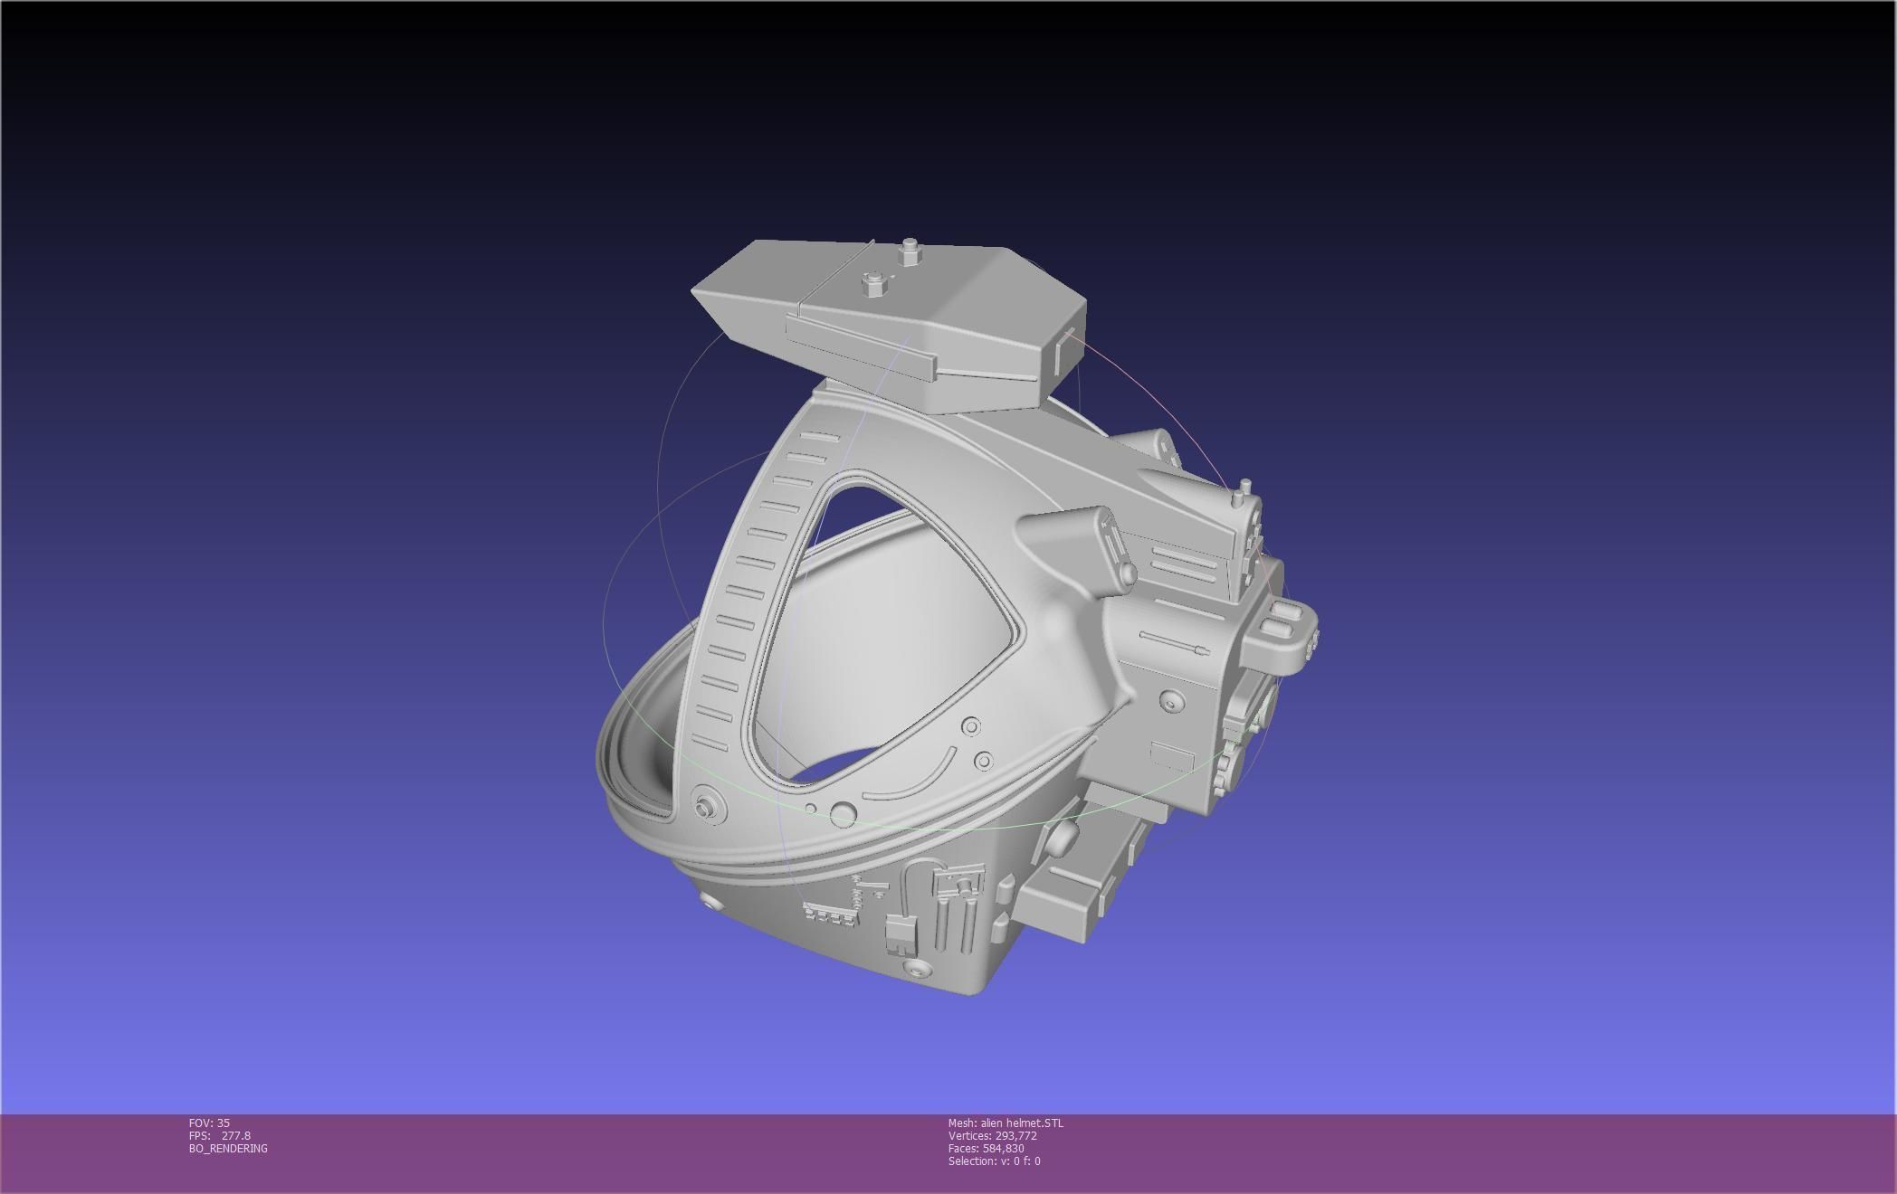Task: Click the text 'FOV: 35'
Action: (x=209, y=1123)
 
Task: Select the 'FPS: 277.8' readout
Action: (x=220, y=1135)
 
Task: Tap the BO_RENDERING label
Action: (x=228, y=1148)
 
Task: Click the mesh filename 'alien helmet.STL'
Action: (x=1022, y=1123)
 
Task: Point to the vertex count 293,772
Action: (x=1015, y=1135)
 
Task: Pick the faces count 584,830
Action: (x=1003, y=1148)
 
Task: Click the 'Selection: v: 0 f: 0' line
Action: (x=994, y=1161)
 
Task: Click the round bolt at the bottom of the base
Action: (x=916, y=969)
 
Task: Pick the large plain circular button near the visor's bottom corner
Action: (x=843, y=812)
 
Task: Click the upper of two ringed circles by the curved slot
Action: (x=971, y=726)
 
